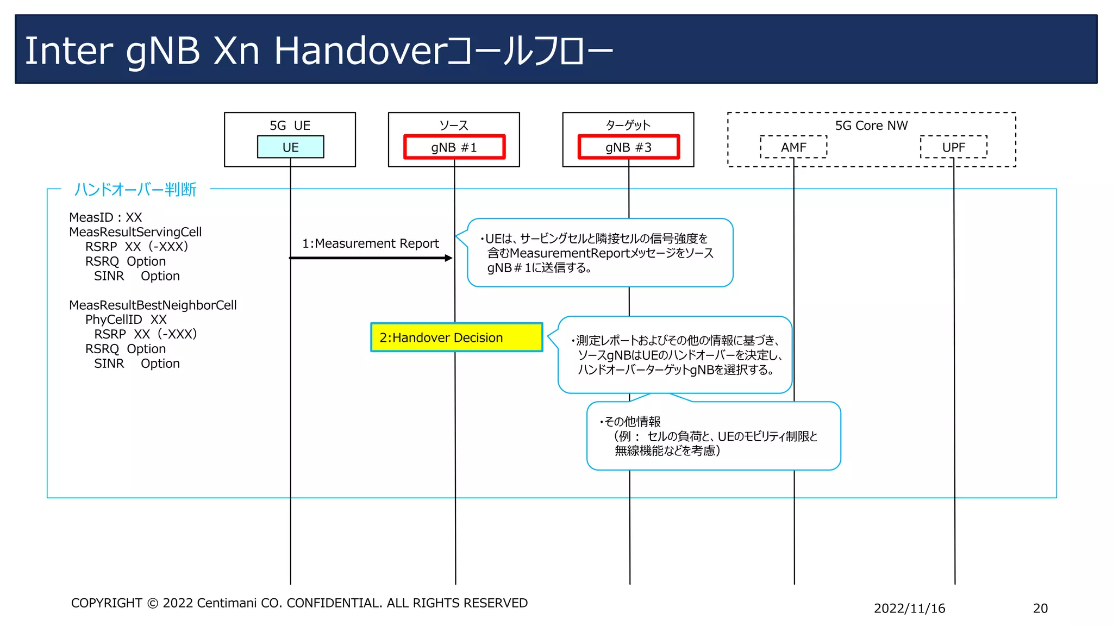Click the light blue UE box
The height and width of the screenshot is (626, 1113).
[290, 147]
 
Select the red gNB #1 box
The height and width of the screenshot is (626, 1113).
[454, 147]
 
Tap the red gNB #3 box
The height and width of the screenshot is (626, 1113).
[629, 147]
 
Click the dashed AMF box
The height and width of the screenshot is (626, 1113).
[793, 147]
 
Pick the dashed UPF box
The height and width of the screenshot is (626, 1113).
[953, 147]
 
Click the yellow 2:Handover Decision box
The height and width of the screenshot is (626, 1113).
[457, 337]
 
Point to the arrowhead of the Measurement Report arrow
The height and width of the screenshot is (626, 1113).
[449, 258]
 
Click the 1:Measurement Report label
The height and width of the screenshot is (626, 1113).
[371, 243]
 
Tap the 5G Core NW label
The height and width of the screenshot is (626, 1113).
[871, 126]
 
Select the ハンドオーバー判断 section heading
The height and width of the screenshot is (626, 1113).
[135, 189]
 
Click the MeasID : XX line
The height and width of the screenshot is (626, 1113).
[105, 217]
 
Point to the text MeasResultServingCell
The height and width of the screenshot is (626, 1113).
[135, 232]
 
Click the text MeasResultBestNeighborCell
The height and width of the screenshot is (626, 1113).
[153, 305]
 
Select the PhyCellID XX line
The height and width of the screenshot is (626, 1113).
[126, 320]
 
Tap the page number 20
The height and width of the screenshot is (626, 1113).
[1040, 608]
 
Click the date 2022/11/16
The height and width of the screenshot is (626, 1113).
[909, 608]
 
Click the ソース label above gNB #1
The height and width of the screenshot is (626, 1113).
[454, 126]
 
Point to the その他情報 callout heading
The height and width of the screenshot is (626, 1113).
[632, 422]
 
